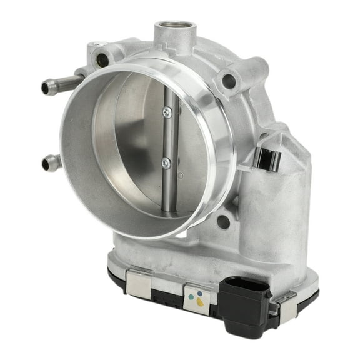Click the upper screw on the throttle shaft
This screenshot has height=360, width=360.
click(x=167, y=112)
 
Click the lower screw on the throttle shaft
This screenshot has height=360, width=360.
click(x=167, y=162)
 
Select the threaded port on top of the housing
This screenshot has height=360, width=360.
click(x=176, y=29)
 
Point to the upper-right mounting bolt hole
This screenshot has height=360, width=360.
click(x=229, y=81)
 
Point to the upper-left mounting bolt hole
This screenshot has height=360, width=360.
click(x=102, y=60)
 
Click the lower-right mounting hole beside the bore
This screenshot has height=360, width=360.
click(x=223, y=221)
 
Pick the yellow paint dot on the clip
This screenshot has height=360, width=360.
click(x=199, y=302)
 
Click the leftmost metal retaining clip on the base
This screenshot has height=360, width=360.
click(x=139, y=284)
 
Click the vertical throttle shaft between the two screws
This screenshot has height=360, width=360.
click(x=167, y=137)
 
